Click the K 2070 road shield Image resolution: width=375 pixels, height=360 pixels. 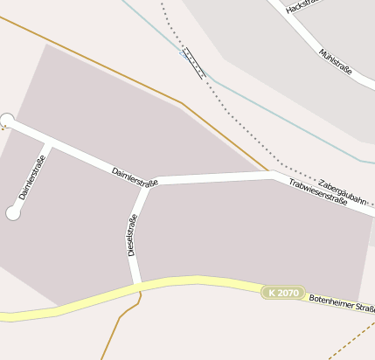click(x=284, y=293)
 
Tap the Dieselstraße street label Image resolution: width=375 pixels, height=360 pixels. click(x=132, y=234)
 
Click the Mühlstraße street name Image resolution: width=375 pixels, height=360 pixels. click(x=336, y=62)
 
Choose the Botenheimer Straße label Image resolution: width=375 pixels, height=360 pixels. click(x=342, y=303)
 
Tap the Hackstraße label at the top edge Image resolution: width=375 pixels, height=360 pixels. click(x=300, y=7)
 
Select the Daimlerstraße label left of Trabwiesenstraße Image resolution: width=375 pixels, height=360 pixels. click(x=135, y=177)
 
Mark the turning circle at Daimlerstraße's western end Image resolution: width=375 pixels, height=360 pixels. click(x=8, y=120)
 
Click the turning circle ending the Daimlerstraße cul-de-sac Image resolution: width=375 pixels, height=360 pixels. click(x=13, y=212)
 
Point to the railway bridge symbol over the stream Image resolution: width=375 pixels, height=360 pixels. click(x=191, y=61)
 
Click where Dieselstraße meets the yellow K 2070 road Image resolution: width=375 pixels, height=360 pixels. click(x=137, y=285)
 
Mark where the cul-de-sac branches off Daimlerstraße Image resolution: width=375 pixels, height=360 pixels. click(x=48, y=142)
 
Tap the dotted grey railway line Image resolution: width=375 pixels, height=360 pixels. click(x=240, y=126)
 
